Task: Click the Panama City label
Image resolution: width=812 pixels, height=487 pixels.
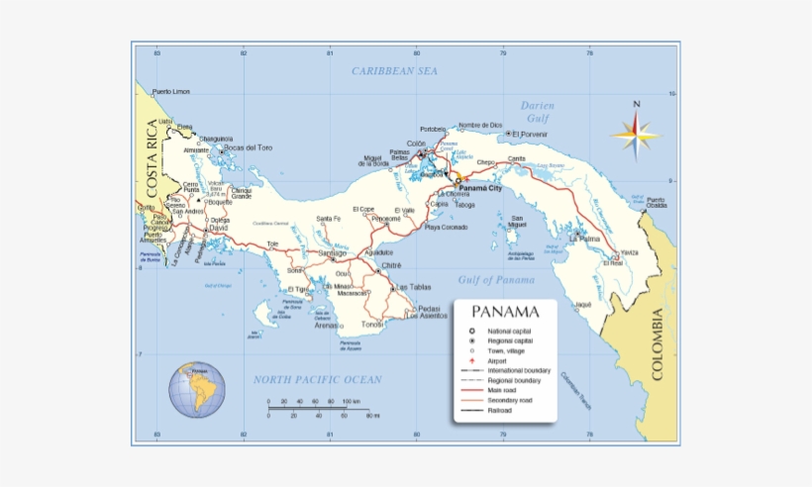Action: pos(480,187)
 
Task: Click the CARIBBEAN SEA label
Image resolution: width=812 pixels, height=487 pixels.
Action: pos(394,71)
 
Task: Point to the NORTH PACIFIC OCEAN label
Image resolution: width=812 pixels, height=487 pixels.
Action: pos(317,379)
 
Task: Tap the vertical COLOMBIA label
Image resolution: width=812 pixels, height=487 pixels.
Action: pos(656,344)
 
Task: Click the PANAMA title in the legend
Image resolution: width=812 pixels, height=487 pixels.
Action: pos(505,313)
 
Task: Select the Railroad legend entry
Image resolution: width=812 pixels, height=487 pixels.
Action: pos(499,410)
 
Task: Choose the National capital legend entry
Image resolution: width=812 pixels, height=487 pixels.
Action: pos(509,331)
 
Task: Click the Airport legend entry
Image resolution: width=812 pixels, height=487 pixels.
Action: pos(499,360)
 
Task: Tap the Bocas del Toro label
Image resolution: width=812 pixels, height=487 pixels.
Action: pos(248,147)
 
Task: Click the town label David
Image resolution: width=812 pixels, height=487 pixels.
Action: pos(219,228)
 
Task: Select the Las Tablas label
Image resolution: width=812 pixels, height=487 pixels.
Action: pos(414,287)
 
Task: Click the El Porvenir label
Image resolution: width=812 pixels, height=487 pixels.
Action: pos(530,134)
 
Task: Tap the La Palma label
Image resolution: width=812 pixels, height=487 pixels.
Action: pos(584,239)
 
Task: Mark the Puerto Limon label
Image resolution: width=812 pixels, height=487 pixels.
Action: pos(170,92)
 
